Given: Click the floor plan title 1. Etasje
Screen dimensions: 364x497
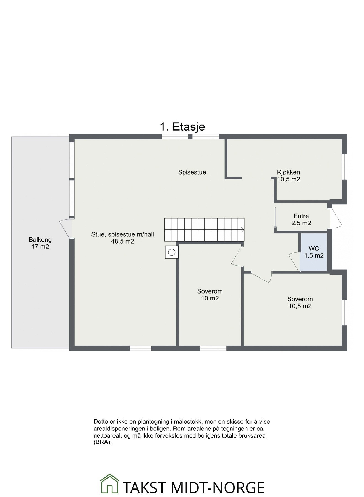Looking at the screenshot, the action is tap(182, 127).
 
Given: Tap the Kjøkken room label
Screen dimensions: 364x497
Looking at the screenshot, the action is tap(289, 172).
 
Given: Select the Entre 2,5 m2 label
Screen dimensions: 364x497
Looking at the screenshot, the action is tap(301, 220).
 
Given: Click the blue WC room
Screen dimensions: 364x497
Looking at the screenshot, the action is tap(314, 252).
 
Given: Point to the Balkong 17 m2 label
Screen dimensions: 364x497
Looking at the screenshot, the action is tap(40, 243).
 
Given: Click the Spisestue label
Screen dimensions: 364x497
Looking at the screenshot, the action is tap(192, 172).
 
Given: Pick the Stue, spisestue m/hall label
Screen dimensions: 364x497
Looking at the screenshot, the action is tap(123, 235).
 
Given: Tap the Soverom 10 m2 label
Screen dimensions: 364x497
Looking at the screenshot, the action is tap(210, 295).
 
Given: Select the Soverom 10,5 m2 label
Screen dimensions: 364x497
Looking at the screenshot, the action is tap(300, 302).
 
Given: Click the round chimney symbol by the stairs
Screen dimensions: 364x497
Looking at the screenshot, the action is tap(172, 252).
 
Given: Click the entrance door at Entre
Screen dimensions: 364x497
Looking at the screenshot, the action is tap(336, 218).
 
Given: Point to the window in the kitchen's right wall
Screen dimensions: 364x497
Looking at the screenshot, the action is tap(344, 167).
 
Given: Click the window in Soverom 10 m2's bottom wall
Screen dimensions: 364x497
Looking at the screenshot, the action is tap(213, 348).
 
